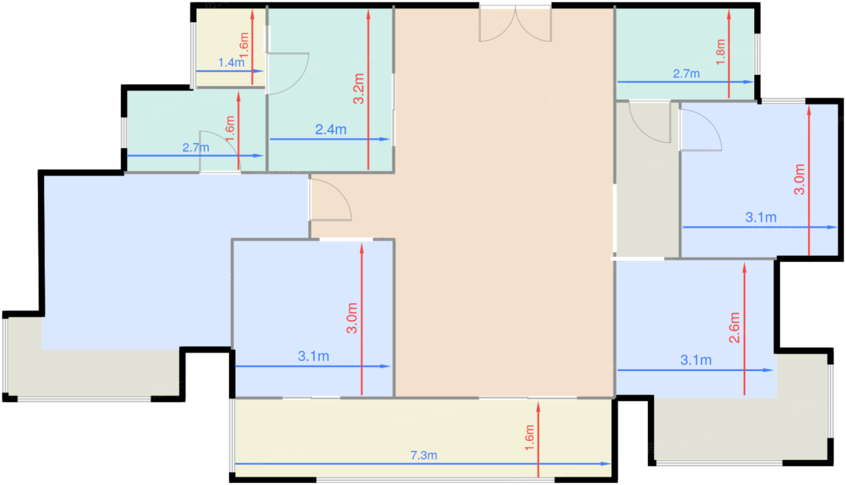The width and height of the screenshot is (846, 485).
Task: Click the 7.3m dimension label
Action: [424, 455]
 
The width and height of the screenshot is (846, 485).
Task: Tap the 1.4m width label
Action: [231, 62]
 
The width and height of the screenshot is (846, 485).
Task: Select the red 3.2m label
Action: [358, 89]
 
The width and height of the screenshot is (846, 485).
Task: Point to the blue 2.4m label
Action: [331, 129]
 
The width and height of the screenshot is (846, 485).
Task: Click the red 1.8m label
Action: [720, 52]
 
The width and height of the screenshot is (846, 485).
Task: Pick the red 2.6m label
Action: [734, 327]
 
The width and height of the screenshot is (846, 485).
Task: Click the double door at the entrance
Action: [515, 24]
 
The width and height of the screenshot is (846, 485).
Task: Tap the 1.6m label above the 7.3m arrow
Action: [529, 437]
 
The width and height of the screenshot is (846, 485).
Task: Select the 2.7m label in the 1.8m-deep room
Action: [686, 74]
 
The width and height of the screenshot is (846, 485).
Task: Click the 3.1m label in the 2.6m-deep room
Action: [696, 360]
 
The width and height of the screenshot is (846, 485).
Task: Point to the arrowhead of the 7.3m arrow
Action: [607, 464]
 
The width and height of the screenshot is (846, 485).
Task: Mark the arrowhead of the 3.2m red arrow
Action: [368, 14]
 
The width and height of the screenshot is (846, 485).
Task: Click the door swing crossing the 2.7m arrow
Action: [219, 151]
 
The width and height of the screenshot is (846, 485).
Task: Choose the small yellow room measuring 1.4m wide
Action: [230, 47]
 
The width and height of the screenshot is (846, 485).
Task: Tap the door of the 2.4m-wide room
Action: [288, 74]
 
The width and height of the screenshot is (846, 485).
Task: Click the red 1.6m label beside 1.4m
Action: [244, 45]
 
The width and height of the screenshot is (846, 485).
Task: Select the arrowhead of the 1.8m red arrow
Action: [729, 14]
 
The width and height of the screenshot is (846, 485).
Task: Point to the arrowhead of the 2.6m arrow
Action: [744, 268]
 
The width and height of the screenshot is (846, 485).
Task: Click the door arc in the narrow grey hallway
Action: [650, 122]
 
